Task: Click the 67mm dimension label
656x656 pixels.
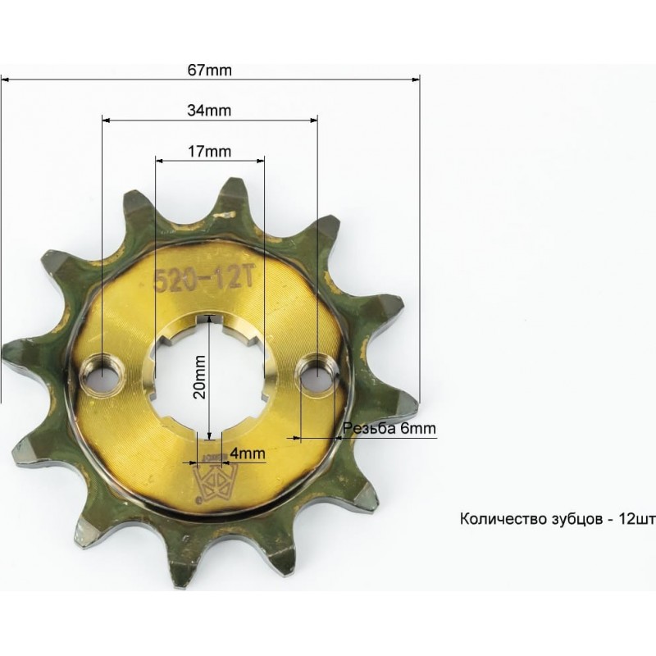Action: click(209, 70)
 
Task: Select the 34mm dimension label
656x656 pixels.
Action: click(209, 111)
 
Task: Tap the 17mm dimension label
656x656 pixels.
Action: click(209, 151)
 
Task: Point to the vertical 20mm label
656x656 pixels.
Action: click(200, 376)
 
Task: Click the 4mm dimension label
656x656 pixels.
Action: click(248, 453)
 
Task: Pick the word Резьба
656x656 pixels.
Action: click(369, 428)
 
